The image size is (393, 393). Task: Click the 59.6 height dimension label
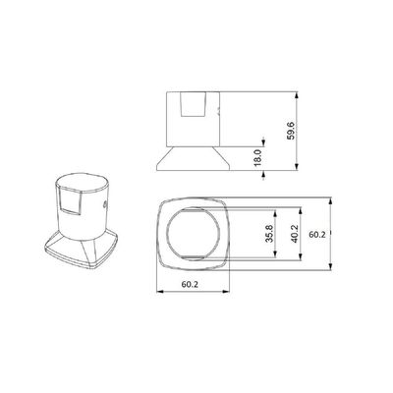coord(291,131)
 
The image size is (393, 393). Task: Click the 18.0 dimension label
coord(257,157)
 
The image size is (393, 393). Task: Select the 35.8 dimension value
coord(269,233)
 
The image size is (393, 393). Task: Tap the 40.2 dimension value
coord(294,233)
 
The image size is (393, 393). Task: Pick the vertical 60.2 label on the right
coord(317,234)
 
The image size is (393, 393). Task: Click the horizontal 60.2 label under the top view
coord(190,284)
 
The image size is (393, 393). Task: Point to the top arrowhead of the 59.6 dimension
coord(297,95)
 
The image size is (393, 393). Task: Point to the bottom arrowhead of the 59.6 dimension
coord(297,166)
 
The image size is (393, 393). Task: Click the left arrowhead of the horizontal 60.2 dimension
coord(160,291)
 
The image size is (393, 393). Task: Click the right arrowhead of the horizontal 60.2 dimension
coord(226,291)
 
